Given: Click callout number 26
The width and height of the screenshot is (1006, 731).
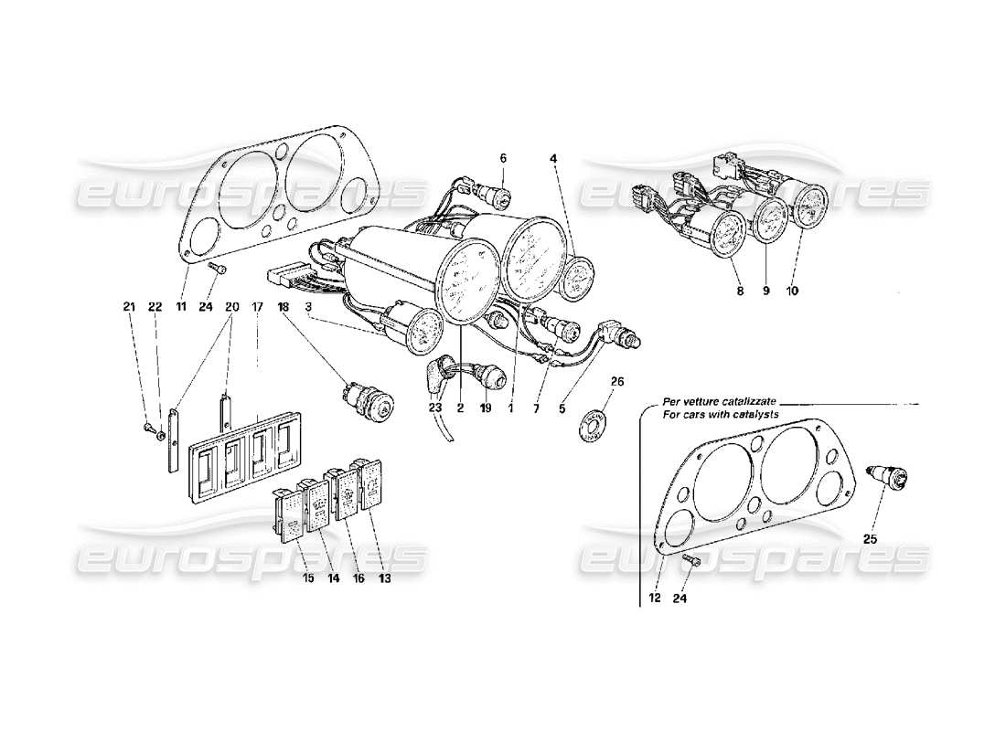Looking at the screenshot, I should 591,381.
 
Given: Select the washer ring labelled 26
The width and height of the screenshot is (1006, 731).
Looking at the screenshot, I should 586,426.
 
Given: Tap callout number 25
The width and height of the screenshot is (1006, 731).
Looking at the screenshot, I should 870,540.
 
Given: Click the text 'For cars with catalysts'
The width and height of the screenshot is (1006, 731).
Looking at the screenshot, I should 722,416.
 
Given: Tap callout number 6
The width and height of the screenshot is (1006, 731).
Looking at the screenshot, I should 503,158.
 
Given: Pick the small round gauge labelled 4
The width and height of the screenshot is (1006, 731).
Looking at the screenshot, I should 578,277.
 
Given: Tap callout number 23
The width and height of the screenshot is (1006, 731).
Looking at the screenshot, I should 434,408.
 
